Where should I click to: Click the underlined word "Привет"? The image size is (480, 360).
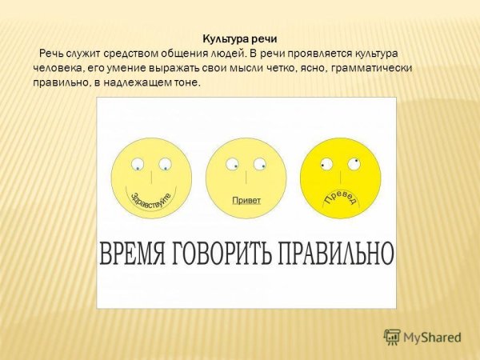tap(246, 201)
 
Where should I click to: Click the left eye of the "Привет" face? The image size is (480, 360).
tap(232, 165)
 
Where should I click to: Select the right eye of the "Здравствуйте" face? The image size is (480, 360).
tap(165, 165)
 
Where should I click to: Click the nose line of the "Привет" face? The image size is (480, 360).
tap(246, 177)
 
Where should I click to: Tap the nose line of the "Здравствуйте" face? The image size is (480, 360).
tap(152, 177)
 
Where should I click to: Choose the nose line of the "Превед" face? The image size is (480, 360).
tap(341, 176)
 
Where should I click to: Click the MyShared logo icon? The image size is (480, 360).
tap(392, 337)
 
